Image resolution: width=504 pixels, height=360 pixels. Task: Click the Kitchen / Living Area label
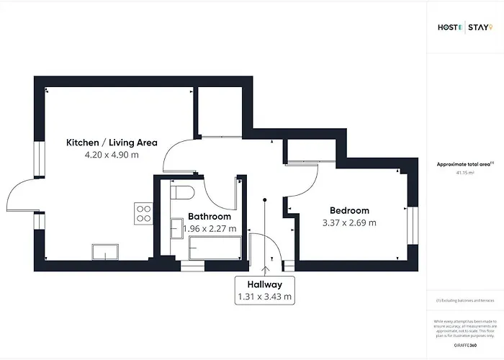[112, 143]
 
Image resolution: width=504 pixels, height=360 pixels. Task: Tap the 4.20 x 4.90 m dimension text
[112, 155]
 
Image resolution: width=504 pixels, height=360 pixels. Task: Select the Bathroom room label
[210, 216]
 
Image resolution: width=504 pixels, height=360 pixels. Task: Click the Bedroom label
[349, 210]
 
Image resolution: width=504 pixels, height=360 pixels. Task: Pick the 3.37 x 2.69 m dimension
[349, 222]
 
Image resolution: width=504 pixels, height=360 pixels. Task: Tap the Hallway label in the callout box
[265, 284]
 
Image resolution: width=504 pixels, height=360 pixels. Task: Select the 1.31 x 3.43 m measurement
[265, 297]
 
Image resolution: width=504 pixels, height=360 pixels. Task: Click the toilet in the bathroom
[181, 193]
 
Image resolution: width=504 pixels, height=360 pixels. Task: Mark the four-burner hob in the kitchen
[143, 213]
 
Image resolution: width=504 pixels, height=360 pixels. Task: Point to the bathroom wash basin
[176, 229]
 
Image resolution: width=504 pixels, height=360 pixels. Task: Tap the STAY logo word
[480, 28]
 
